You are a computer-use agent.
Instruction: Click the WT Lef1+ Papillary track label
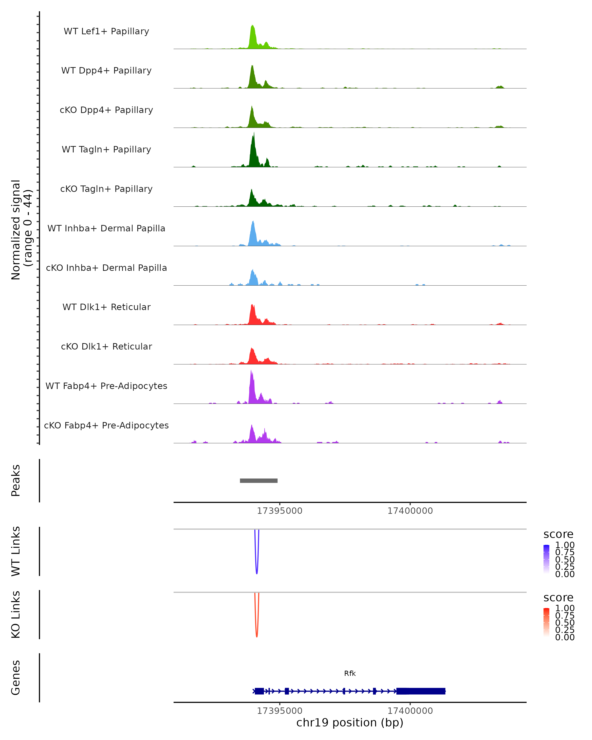tap(106, 31)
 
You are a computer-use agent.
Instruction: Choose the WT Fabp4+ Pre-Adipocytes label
tap(106, 386)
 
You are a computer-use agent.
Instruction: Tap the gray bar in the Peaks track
tap(259, 481)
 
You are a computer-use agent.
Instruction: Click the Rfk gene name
tap(350, 673)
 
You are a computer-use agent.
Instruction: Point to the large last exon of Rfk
tap(421, 691)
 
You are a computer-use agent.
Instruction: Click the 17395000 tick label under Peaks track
tap(279, 511)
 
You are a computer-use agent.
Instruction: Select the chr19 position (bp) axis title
tap(350, 722)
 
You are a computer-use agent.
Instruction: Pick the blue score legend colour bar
tap(546, 559)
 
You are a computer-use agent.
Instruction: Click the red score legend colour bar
tap(546, 622)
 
